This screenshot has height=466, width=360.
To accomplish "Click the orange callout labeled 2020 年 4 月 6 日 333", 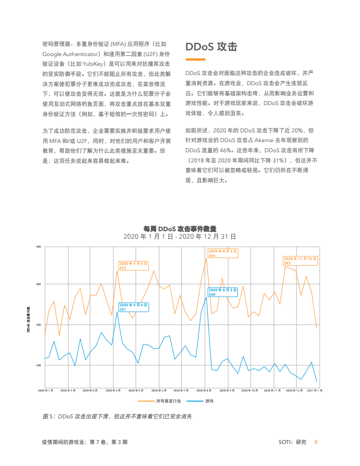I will coord(134,265).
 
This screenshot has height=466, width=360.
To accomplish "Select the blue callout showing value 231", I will coord(134,307).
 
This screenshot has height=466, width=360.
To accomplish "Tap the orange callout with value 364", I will coord(223,253).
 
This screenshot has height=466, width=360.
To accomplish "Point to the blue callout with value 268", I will coord(223,292).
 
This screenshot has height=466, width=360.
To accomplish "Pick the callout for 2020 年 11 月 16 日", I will coord(300,260).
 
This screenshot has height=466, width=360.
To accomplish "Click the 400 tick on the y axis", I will coord(38,247).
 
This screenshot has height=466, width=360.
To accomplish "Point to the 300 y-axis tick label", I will coord(38,284).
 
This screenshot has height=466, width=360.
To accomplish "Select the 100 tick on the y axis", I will coord(38,365).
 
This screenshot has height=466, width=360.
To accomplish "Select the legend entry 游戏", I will coord(210,401).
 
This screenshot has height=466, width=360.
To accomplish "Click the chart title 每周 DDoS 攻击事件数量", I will coord(180,229).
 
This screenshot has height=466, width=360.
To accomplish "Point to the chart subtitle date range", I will coord(180,237).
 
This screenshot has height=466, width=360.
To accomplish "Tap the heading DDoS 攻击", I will coord(211,47).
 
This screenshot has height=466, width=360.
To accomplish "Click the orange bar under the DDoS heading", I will coord(195,59).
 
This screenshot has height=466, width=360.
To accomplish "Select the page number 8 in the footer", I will coord(315,442).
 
